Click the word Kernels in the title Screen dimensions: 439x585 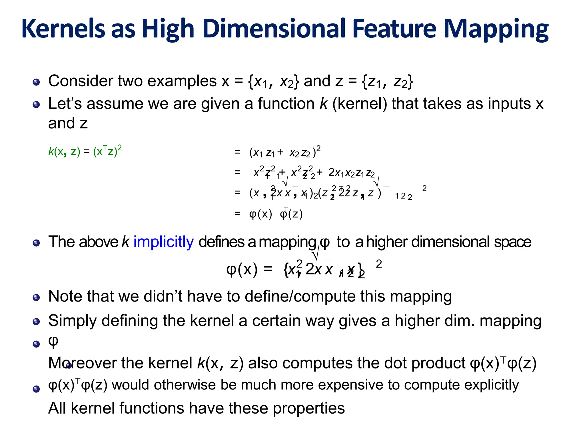[63, 29]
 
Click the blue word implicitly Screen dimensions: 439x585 [163, 242]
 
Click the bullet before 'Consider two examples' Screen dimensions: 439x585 [36, 82]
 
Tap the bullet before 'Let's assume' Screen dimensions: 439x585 [36, 105]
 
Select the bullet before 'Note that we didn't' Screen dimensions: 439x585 [36, 298]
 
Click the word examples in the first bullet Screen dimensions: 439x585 [182, 81]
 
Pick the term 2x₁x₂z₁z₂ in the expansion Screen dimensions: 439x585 [351, 173]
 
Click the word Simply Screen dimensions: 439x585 [73, 321]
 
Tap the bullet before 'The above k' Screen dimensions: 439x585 [36, 243]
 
